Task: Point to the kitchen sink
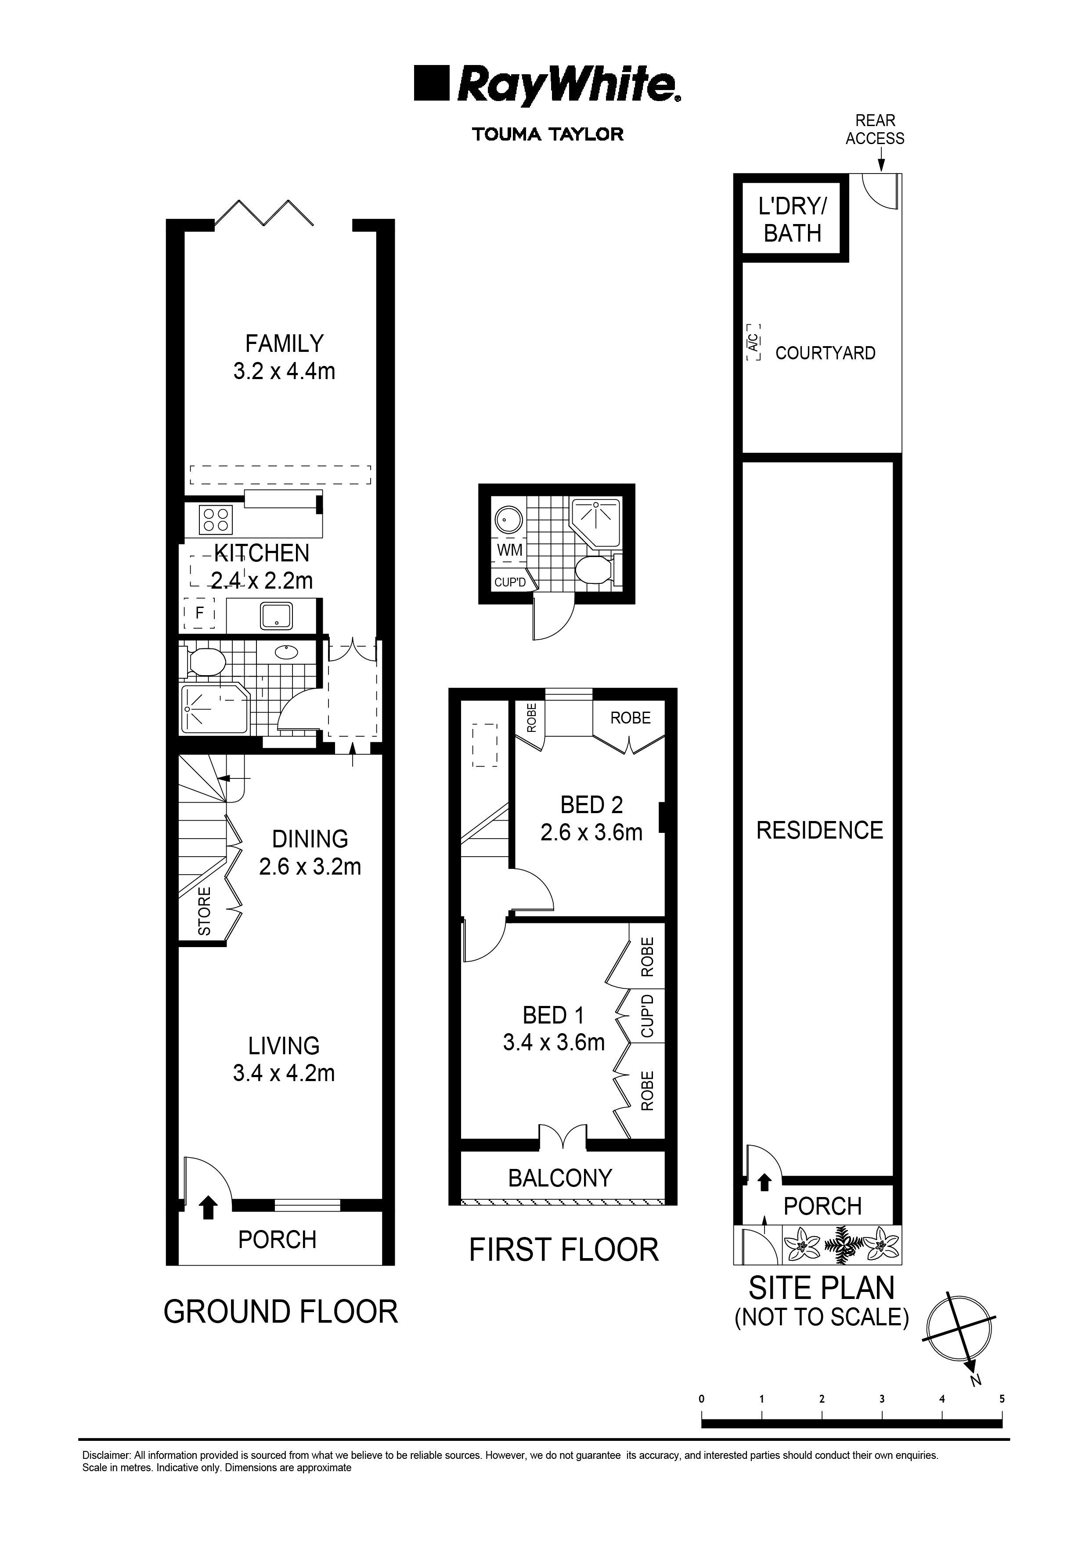coord(277,615)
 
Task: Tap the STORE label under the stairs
coord(205,911)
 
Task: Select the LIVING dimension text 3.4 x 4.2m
coord(284,1073)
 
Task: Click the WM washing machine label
coord(509,550)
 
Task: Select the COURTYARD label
coord(825,353)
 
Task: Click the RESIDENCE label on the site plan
coord(819,830)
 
